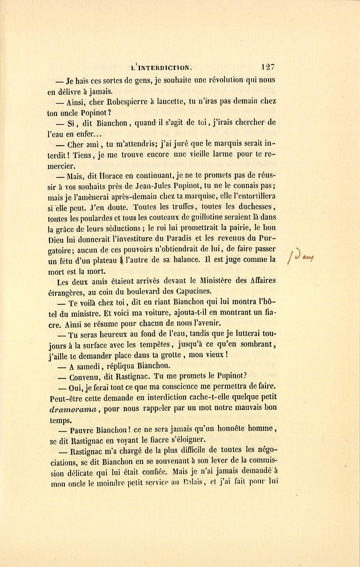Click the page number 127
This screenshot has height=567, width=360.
click(268, 67)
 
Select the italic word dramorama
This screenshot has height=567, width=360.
click(73, 409)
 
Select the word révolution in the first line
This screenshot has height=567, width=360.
click(219, 80)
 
